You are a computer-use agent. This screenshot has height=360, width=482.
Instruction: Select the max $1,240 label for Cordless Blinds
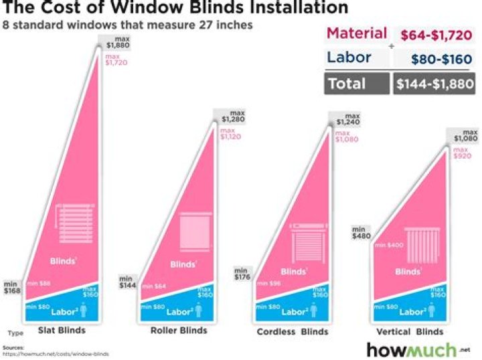point(343,120)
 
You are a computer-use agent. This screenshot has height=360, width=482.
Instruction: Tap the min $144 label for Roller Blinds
point(128,282)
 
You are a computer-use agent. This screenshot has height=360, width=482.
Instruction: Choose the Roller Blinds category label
point(179,331)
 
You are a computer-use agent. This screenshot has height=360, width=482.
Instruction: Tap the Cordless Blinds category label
point(293,331)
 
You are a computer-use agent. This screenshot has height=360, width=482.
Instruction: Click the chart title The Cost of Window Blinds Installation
point(177,9)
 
